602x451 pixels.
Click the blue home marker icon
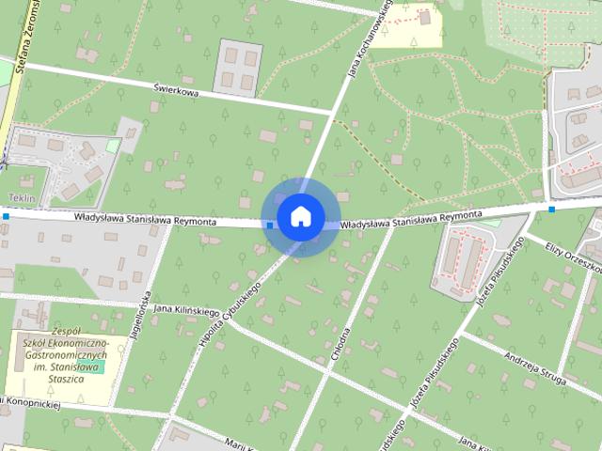pyautogui.click(x=300, y=216)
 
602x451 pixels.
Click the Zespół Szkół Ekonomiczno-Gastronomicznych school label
pyautogui.click(x=66, y=355)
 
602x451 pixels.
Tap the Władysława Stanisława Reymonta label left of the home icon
pyautogui.click(x=146, y=220)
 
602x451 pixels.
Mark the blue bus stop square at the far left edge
pyautogui.click(x=6, y=216)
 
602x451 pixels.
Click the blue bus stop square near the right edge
pyautogui.click(x=551, y=209)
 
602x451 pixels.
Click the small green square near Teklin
pyautogui.click(x=113, y=146)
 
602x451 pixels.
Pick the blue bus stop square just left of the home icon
pyautogui.click(x=270, y=225)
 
